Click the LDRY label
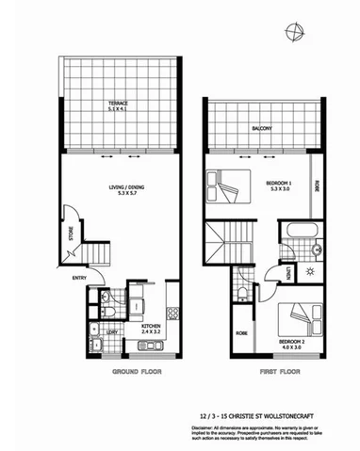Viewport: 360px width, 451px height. coord(111,331)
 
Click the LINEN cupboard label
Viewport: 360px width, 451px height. coord(288,273)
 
